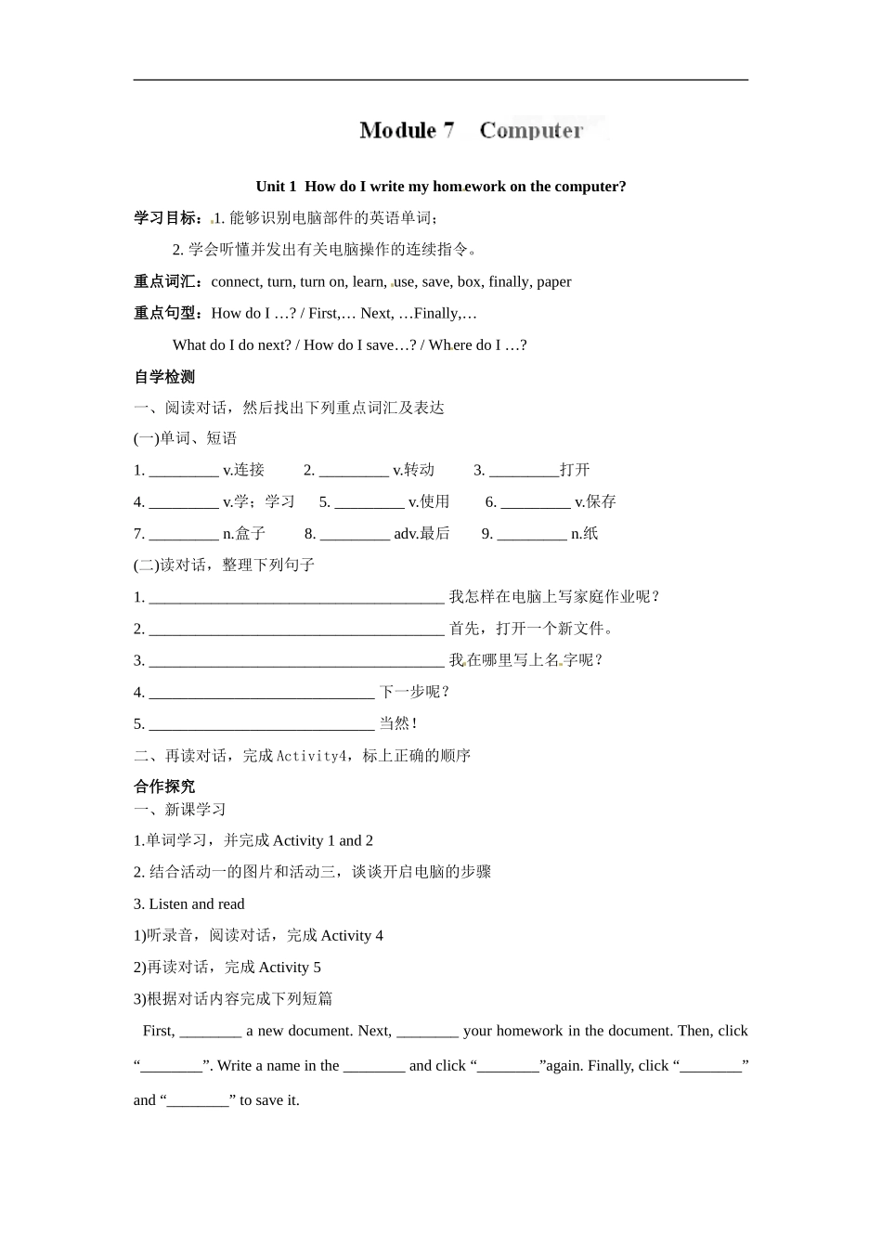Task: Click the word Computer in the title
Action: point(531,130)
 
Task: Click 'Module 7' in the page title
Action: point(407,130)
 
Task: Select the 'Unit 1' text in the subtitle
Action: point(276,187)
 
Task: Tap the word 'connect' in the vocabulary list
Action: point(237,282)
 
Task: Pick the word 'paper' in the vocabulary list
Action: point(554,282)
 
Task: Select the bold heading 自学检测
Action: point(164,377)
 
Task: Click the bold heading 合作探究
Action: point(164,786)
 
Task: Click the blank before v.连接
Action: point(184,472)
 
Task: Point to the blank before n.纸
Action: point(531,535)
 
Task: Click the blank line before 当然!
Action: point(261,725)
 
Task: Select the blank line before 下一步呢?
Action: point(261,694)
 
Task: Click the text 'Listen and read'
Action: point(197,904)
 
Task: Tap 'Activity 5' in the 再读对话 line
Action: point(290,968)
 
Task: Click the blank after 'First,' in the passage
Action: point(211,1033)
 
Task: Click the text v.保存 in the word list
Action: point(595,502)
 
